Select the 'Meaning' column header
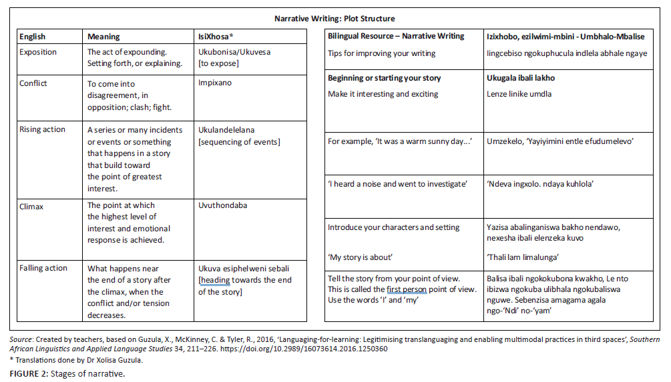point(103,37)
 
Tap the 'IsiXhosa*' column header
point(218,37)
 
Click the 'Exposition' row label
point(38,52)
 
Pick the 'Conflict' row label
point(33,83)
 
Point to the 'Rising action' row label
point(43,129)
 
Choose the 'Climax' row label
point(32,206)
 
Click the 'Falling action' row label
point(43,268)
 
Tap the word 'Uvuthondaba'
point(223,206)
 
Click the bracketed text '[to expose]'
point(219,63)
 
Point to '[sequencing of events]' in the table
point(240,141)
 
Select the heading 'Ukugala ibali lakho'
point(521,78)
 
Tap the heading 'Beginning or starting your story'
point(385,78)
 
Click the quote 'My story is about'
point(361,257)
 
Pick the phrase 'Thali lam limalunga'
point(523,257)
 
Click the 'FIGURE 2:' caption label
point(29,373)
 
